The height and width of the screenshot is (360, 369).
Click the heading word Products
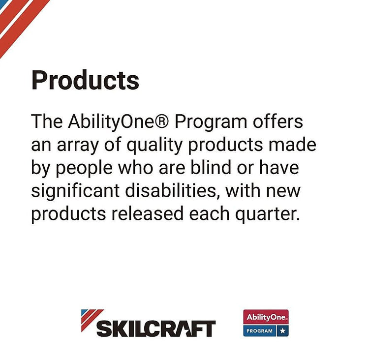(85, 80)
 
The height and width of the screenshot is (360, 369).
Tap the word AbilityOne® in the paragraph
(119, 122)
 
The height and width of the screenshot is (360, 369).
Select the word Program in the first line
(211, 122)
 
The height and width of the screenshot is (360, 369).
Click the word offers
(278, 121)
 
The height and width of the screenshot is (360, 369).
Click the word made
(292, 145)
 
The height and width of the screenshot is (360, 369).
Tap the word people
(84, 169)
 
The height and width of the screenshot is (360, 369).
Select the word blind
(211, 167)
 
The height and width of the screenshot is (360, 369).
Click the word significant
(75, 191)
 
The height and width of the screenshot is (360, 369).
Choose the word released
(147, 213)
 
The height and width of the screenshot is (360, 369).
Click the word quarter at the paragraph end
(268, 214)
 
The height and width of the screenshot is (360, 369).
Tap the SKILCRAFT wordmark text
(156, 329)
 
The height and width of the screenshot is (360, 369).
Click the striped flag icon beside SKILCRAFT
(92, 320)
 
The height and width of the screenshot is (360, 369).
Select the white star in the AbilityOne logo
(282, 331)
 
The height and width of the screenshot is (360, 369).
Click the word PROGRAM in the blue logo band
(259, 331)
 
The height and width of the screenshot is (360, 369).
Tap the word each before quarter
(209, 213)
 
